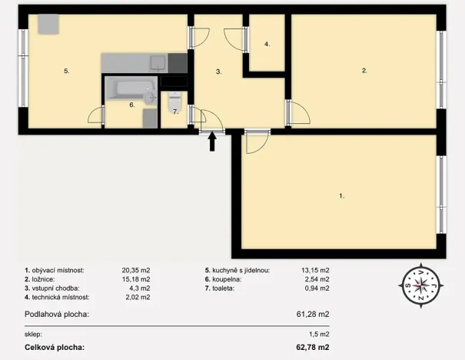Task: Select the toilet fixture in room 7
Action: (174, 100)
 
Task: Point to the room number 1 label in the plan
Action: (341, 196)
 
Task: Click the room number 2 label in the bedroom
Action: (364, 71)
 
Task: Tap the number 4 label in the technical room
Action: (267, 45)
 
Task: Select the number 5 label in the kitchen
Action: (67, 71)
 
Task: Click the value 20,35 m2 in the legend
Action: (135, 271)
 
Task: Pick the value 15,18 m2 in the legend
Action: (135, 279)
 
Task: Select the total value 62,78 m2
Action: (313, 348)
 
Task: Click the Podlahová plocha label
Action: (57, 314)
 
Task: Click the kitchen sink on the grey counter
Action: (158, 62)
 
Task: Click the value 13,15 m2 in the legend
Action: (315, 271)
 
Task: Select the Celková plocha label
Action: (55, 348)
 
